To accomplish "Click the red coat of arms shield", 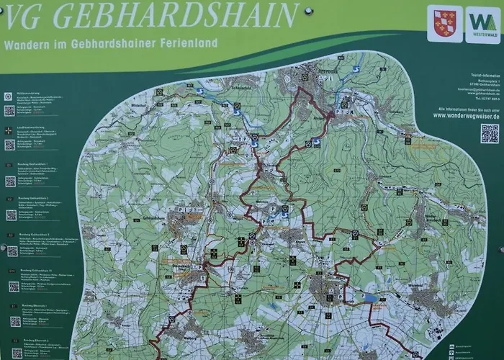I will click(445, 24).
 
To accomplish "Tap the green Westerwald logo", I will click(482, 24).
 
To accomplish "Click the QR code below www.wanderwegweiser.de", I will click(490, 133).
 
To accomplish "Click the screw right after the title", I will click(309, 12).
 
